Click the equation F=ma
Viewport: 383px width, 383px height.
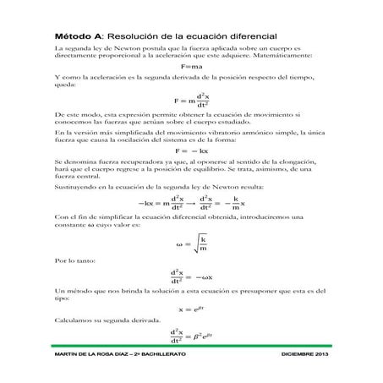pyautogui.click(x=190, y=68)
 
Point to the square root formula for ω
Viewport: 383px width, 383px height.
pyautogui.click(x=191, y=246)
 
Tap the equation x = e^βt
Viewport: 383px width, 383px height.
pyautogui.click(x=190, y=310)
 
